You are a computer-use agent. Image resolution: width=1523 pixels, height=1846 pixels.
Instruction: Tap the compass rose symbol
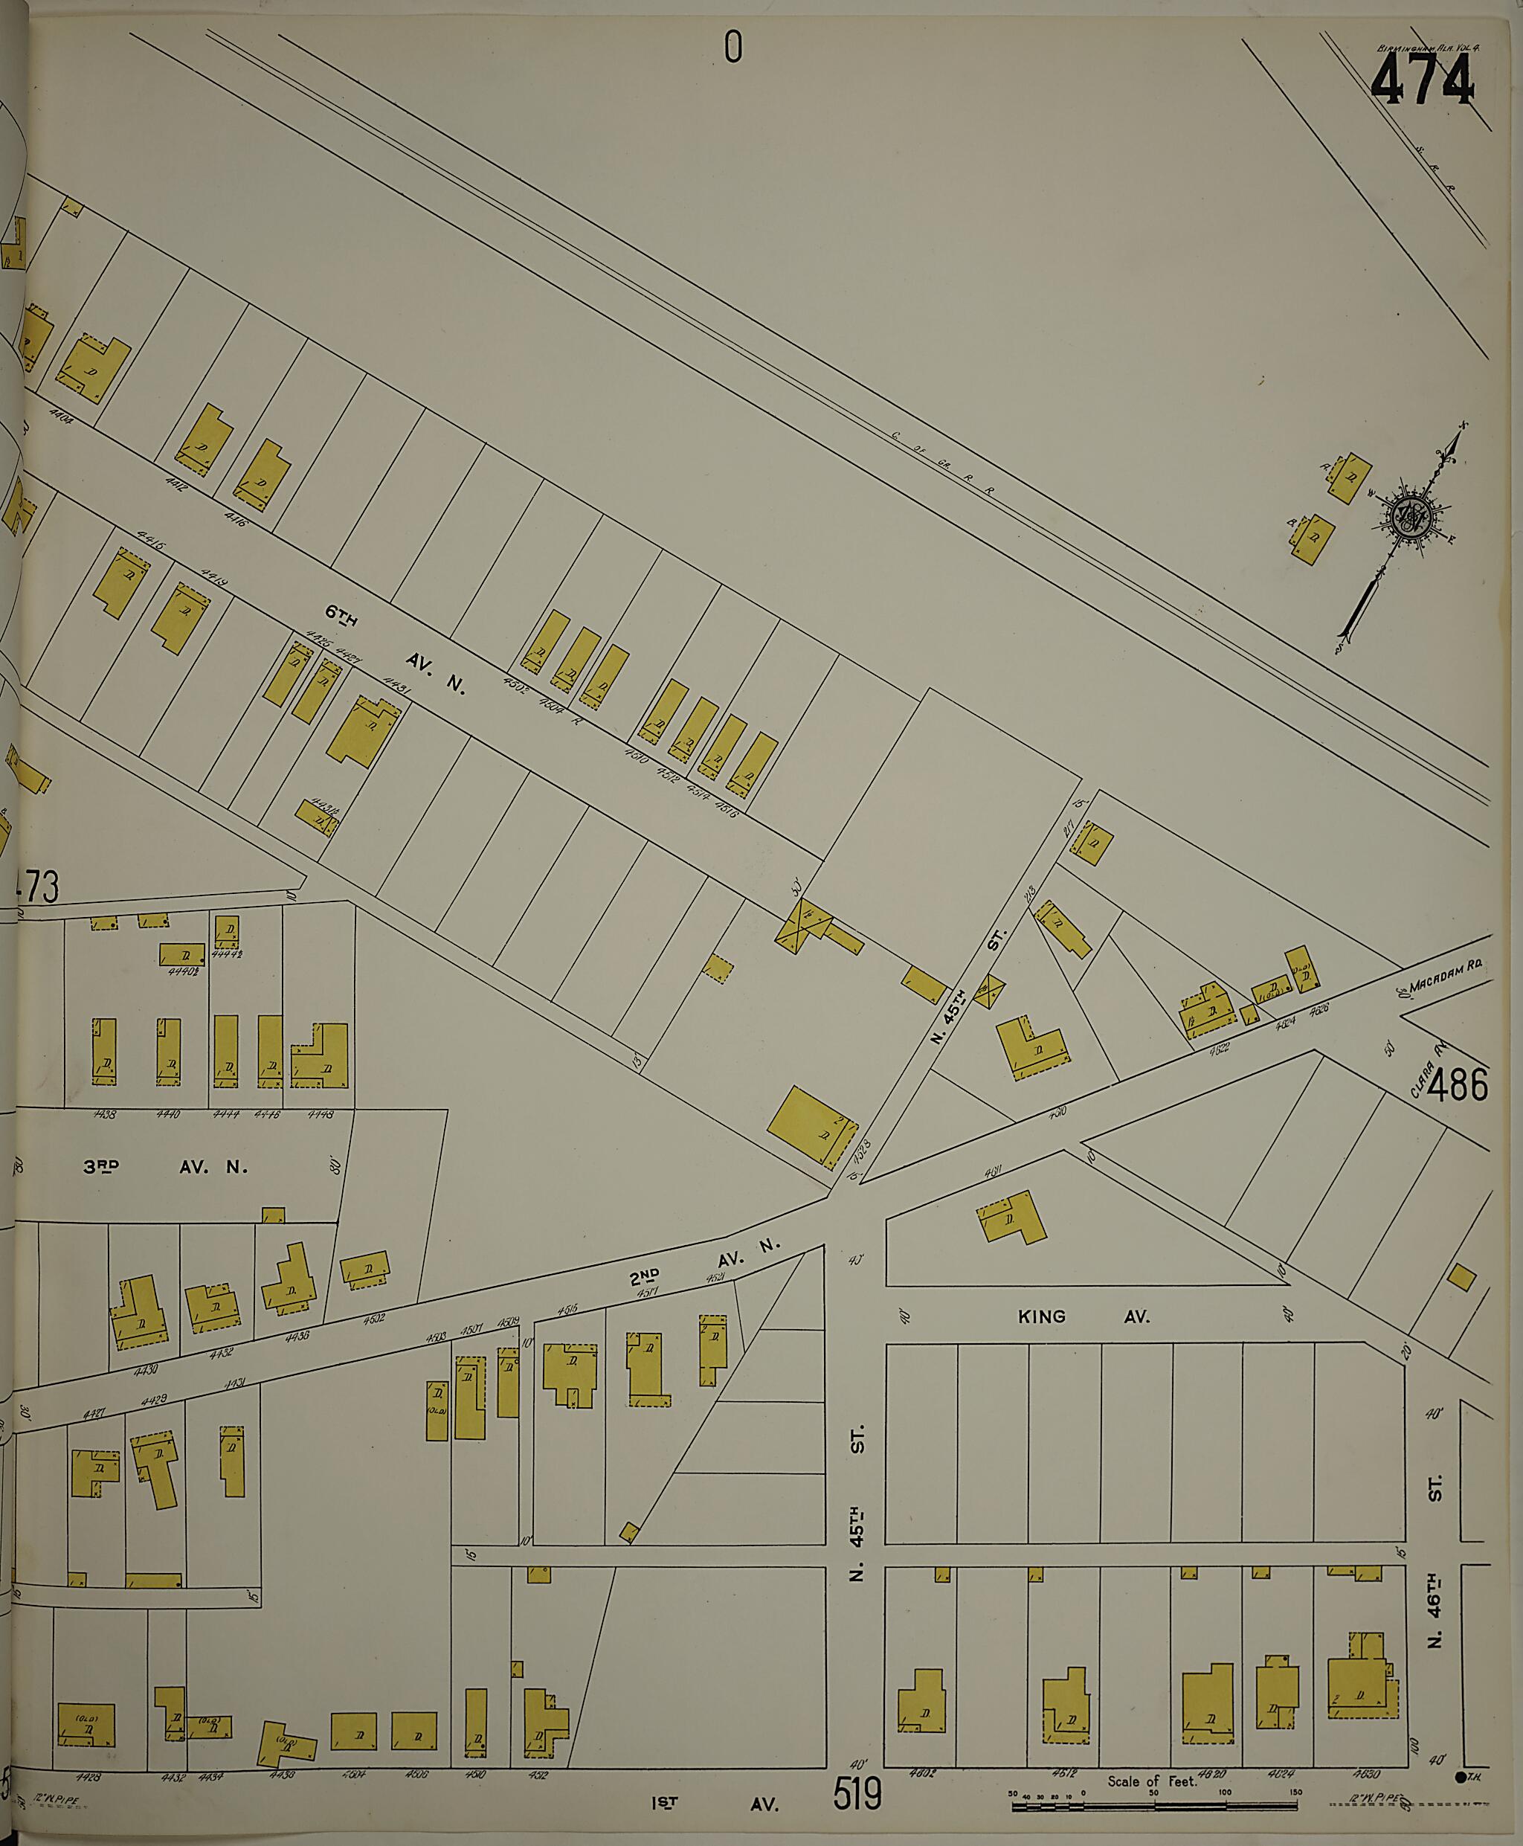click(1411, 518)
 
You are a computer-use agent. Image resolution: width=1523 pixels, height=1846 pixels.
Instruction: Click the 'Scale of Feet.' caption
click(1151, 1781)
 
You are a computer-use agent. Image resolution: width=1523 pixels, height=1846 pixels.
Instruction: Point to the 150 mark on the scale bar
click(1295, 1792)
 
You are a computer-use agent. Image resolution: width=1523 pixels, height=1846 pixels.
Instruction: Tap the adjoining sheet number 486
click(1458, 1086)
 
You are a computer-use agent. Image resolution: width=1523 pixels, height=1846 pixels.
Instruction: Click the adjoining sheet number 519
click(856, 1794)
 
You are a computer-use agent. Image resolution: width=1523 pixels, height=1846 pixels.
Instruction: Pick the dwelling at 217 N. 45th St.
click(1093, 843)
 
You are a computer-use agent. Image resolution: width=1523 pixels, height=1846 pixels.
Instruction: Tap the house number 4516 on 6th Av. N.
click(727, 809)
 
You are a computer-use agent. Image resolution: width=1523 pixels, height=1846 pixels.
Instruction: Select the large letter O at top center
click(732, 48)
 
